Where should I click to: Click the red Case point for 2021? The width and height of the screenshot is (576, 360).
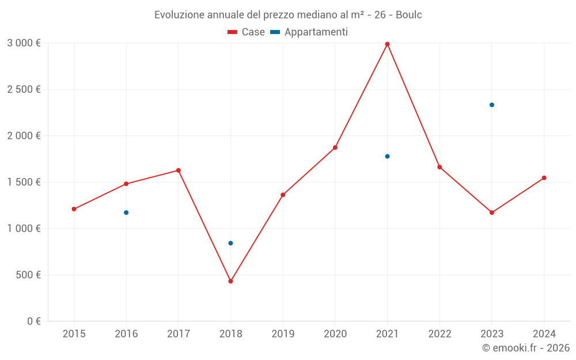(x=387, y=44)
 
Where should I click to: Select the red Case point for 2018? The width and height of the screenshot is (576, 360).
(x=230, y=281)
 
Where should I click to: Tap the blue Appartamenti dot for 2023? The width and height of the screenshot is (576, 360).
(x=492, y=105)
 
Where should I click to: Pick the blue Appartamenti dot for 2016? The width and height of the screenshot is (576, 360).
(x=126, y=213)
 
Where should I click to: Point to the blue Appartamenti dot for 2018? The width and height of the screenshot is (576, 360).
(x=230, y=243)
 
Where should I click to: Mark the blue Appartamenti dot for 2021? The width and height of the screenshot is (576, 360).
(x=387, y=156)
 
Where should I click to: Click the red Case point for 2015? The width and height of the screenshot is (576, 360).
(x=74, y=209)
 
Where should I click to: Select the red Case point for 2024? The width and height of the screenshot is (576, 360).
(x=544, y=178)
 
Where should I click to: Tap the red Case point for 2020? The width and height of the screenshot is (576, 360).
(x=335, y=147)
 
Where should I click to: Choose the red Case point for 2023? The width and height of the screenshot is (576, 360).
(x=492, y=213)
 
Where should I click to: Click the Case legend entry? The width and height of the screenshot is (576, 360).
(x=247, y=32)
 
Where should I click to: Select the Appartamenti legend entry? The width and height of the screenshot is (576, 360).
(x=309, y=32)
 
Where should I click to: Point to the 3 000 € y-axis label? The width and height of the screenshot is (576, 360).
(x=24, y=43)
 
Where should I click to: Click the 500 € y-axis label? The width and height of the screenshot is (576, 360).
(x=26, y=275)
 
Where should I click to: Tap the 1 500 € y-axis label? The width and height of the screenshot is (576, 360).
(x=24, y=182)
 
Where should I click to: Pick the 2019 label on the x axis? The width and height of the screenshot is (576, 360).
(x=283, y=334)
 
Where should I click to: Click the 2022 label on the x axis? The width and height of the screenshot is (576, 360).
(x=439, y=334)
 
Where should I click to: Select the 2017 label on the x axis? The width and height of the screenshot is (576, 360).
(x=178, y=334)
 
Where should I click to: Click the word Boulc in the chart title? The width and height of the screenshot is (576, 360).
(x=408, y=15)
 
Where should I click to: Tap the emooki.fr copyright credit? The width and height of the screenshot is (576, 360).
(x=526, y=348)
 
